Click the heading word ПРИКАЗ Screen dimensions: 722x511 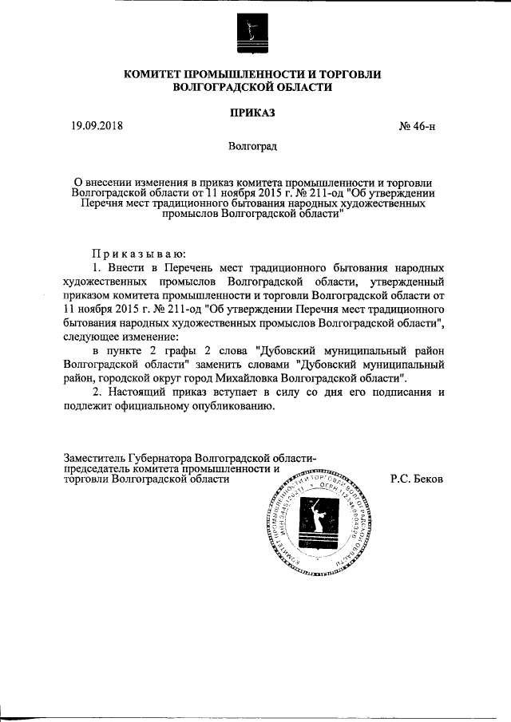[x=252, y=112]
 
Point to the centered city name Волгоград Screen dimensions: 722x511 [x=252, y=147]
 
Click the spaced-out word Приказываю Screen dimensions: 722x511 [x=137, y=253]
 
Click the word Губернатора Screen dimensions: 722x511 [x=166, y=458]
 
